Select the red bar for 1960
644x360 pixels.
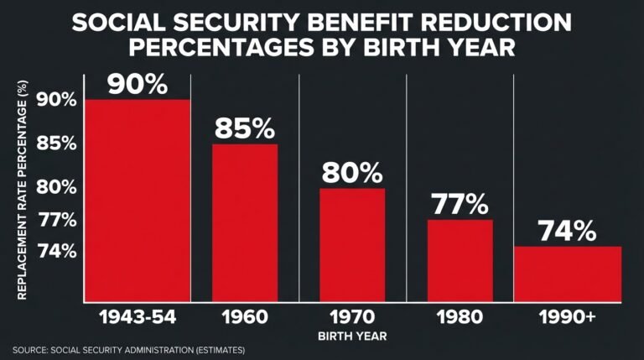click(x=244, y=222)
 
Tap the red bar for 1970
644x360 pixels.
click(x=352, y=244)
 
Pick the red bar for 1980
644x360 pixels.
click(x=460, y=260)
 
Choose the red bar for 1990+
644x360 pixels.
click(x=568, y=274)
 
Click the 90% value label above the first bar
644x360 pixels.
click(x=137, y=86)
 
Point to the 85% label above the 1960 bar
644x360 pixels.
click(x=244, y=128)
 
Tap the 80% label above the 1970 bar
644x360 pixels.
click(x=352, y=173)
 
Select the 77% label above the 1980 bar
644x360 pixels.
click(x=460, y=204)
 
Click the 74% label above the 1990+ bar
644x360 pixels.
click(x=567, y=231)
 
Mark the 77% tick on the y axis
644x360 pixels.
click(x=56, y=221)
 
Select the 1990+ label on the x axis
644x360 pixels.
click(x=568, y=317)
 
